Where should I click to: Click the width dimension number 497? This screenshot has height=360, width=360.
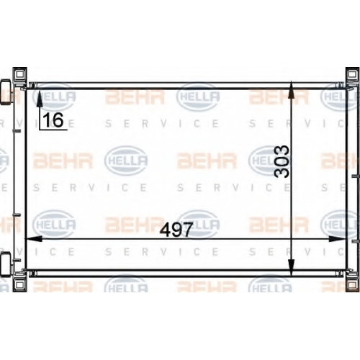pyautogui.click(x=176, y=230)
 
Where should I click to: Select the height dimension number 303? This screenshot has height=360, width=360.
pyautogui.click(x=282, y=161)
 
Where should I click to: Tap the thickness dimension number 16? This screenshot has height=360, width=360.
pyautogui.click(x=53, y=120)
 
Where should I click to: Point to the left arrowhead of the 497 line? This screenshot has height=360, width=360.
pyautogui.click(x=34, y=239)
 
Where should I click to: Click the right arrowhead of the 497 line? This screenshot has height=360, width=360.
pyautogui.click(x=337, y=239)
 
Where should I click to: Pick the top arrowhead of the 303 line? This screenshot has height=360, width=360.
pyautogui.click(x=291, y=90)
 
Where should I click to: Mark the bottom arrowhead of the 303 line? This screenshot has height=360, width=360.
pyautogui.click(x=291, y=267)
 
